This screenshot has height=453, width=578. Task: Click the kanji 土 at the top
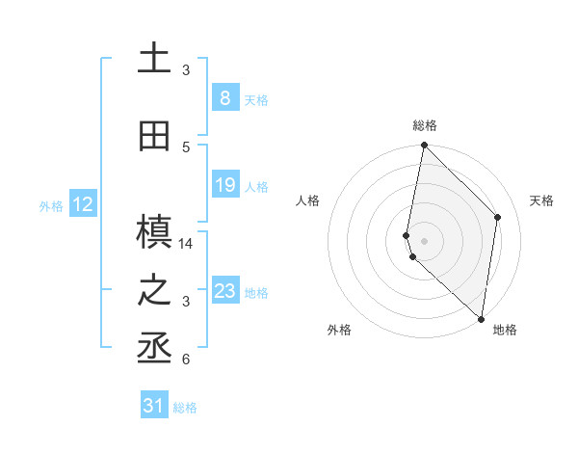[x=153, y=59]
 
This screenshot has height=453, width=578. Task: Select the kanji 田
[x=153, y=137]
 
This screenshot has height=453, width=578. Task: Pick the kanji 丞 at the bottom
[x=153, y=350]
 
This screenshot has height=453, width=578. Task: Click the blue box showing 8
[x=224, y=97]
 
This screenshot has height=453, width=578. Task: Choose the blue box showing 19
[x=224, y=185]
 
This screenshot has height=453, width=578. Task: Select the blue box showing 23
[x=224, y=291]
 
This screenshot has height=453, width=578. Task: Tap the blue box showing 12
[x=83, y=204]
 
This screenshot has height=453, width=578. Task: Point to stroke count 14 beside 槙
[x=186, y=244]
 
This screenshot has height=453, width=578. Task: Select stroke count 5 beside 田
[x=186, y=147]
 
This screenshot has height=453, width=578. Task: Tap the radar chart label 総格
[x=425, y=125]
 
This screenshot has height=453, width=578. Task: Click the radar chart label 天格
[x=541, y=200]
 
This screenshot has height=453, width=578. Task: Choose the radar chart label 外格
[x=339, y=330]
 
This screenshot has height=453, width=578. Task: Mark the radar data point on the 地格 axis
[x=482, y=319]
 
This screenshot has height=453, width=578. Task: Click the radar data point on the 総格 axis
[x=425, y=146]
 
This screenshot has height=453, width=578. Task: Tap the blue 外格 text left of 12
[x=50, y=205]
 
